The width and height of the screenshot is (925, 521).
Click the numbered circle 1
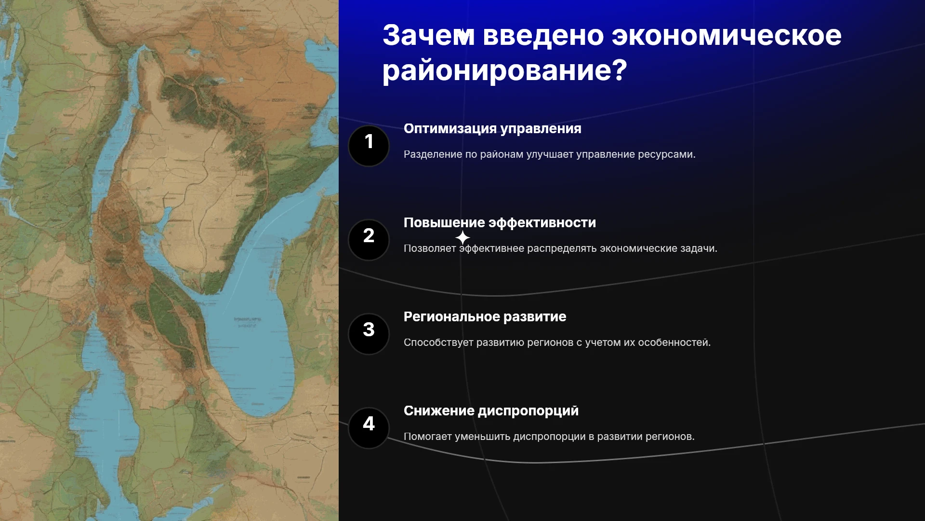(369, 146)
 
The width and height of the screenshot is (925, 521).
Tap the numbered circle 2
(369, 240)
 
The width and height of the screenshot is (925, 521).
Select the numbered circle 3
(369, 334)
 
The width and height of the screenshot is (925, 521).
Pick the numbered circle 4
(369, 428)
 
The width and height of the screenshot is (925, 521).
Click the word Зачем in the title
(429, 35)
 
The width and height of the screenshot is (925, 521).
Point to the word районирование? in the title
(505, 71)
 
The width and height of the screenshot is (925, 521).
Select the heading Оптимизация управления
(492, 129)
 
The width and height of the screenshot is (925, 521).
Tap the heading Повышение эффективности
(500, 223)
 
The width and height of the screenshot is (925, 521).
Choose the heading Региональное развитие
(485, 317)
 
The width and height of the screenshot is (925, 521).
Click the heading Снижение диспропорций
(491, 411)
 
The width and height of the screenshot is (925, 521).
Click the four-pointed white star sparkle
(462, 237)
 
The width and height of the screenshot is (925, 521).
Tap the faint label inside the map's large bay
(248, 322)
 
